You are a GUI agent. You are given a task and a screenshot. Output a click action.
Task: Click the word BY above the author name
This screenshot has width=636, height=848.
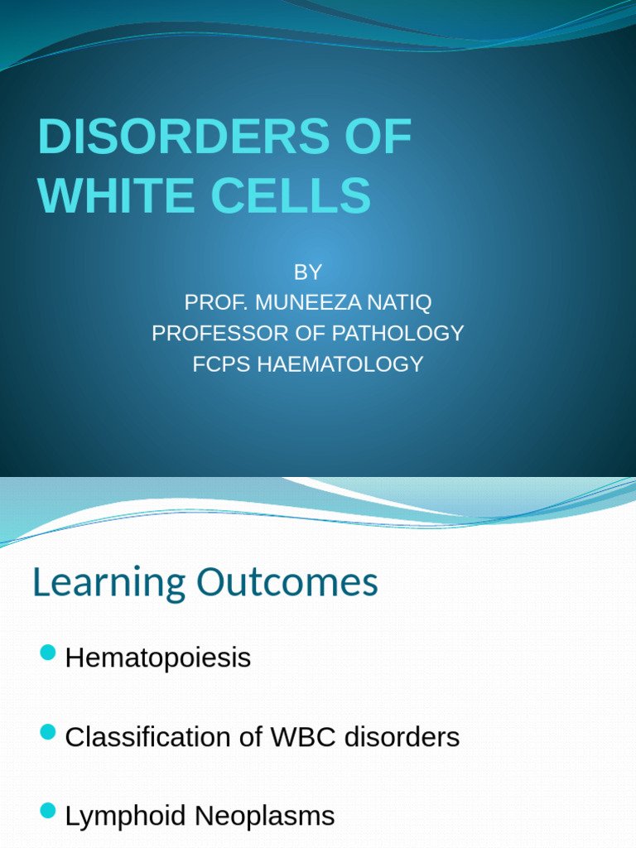tap(307, 272)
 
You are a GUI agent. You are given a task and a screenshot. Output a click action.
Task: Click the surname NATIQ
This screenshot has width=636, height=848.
tap(402, 302)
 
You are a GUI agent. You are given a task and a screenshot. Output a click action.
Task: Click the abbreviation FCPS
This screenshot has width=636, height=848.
tap(222, 364)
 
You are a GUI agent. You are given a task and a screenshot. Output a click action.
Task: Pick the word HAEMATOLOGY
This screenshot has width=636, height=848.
tap(340, 364)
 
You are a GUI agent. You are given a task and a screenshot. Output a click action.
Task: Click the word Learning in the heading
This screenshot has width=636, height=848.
tap(108, 584)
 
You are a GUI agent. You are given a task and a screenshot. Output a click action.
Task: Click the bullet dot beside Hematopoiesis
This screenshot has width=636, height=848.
tap(47, 653)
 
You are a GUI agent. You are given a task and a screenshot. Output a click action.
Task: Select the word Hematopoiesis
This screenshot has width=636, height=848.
tap(157, 658)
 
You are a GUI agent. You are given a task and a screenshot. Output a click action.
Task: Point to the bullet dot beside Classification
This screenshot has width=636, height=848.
tap(47, 732)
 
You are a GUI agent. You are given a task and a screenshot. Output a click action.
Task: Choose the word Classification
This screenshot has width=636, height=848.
tap(147, 737)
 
